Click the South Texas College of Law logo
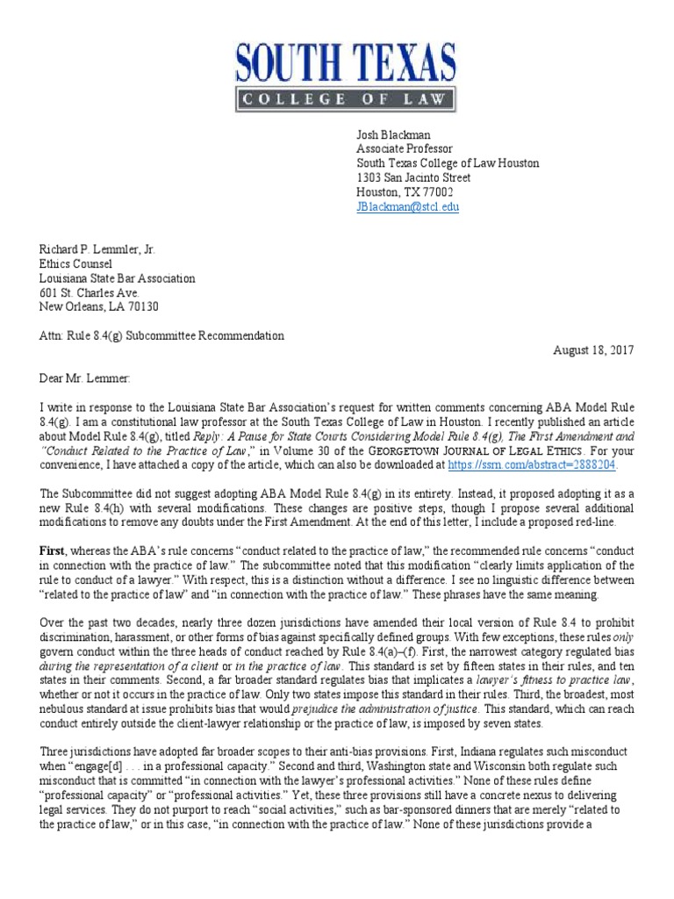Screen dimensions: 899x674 tap(346, 77)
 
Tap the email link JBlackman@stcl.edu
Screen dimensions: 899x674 tap(407, 207)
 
